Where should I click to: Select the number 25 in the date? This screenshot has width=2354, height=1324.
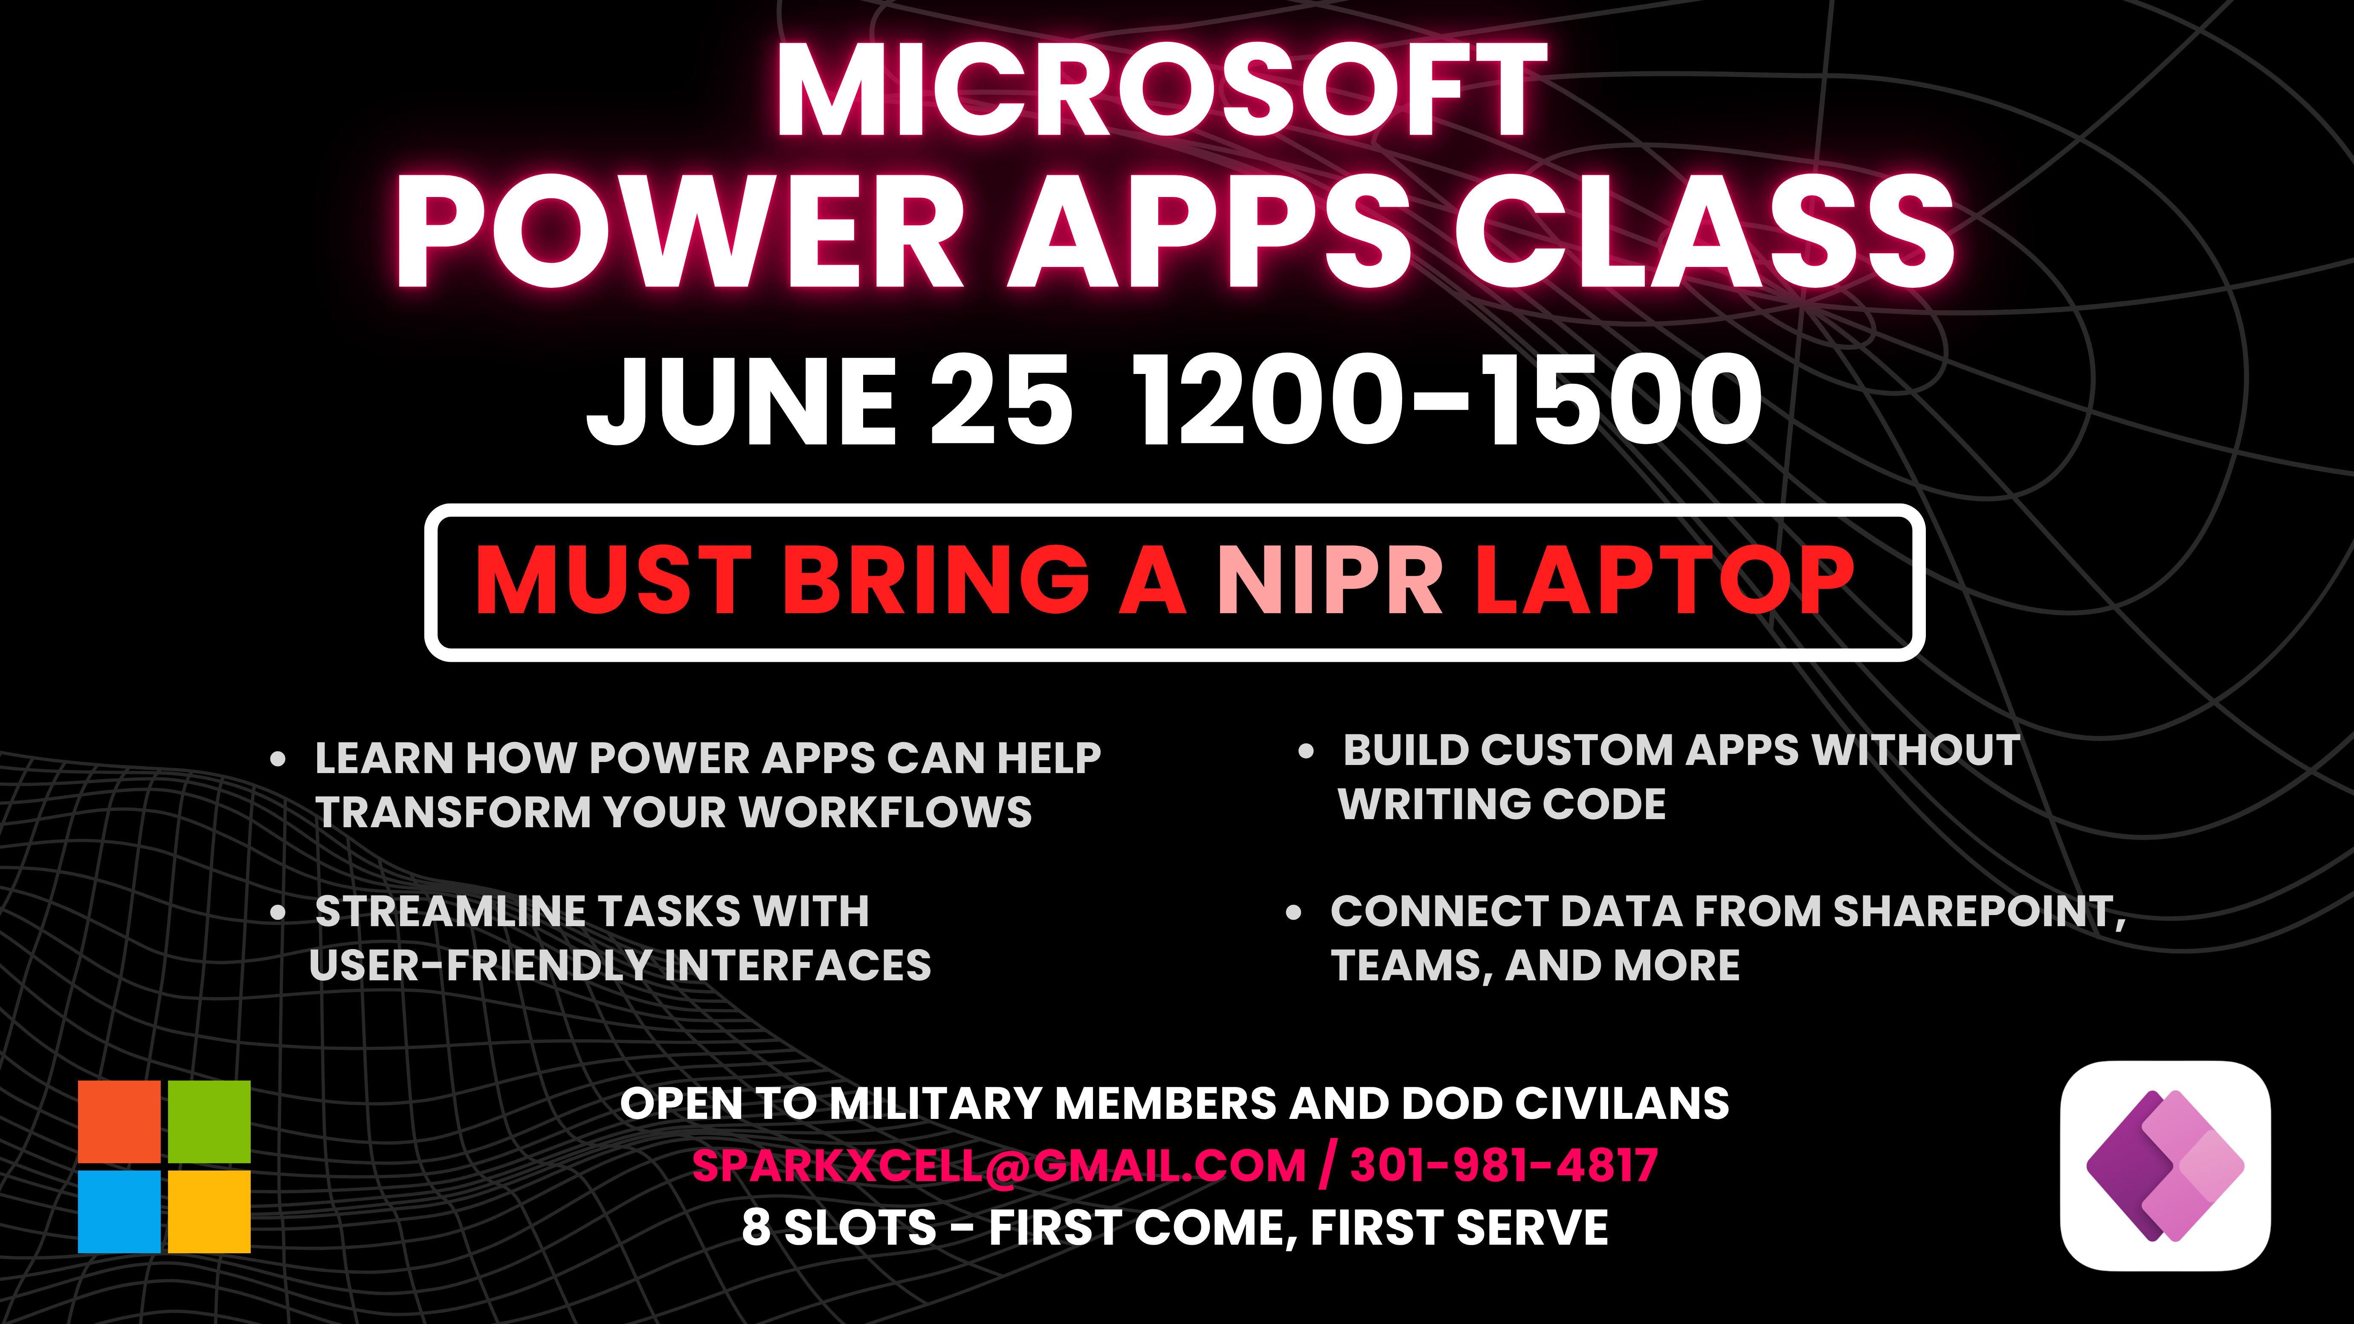[x=1000, y=399]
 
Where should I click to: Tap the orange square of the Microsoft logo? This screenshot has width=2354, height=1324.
[x=119, y=1121]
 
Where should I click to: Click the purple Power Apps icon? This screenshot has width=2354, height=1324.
[x=2165, y=1165]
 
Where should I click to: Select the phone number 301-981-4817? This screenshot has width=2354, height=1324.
[x=1503, y=1165]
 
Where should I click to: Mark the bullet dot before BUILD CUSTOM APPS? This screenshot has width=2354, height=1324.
[x=1306, y=751]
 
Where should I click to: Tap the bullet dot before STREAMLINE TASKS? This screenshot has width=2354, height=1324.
[x=279, y=912]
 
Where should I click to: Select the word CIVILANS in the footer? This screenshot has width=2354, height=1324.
[x=1622, y=1103]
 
